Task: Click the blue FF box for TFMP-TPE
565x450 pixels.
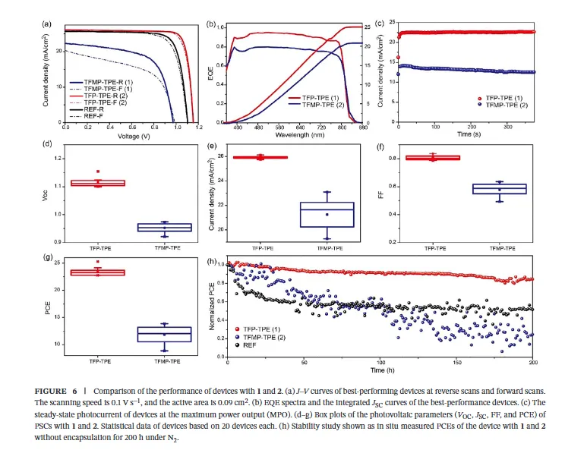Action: click(510, 189)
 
